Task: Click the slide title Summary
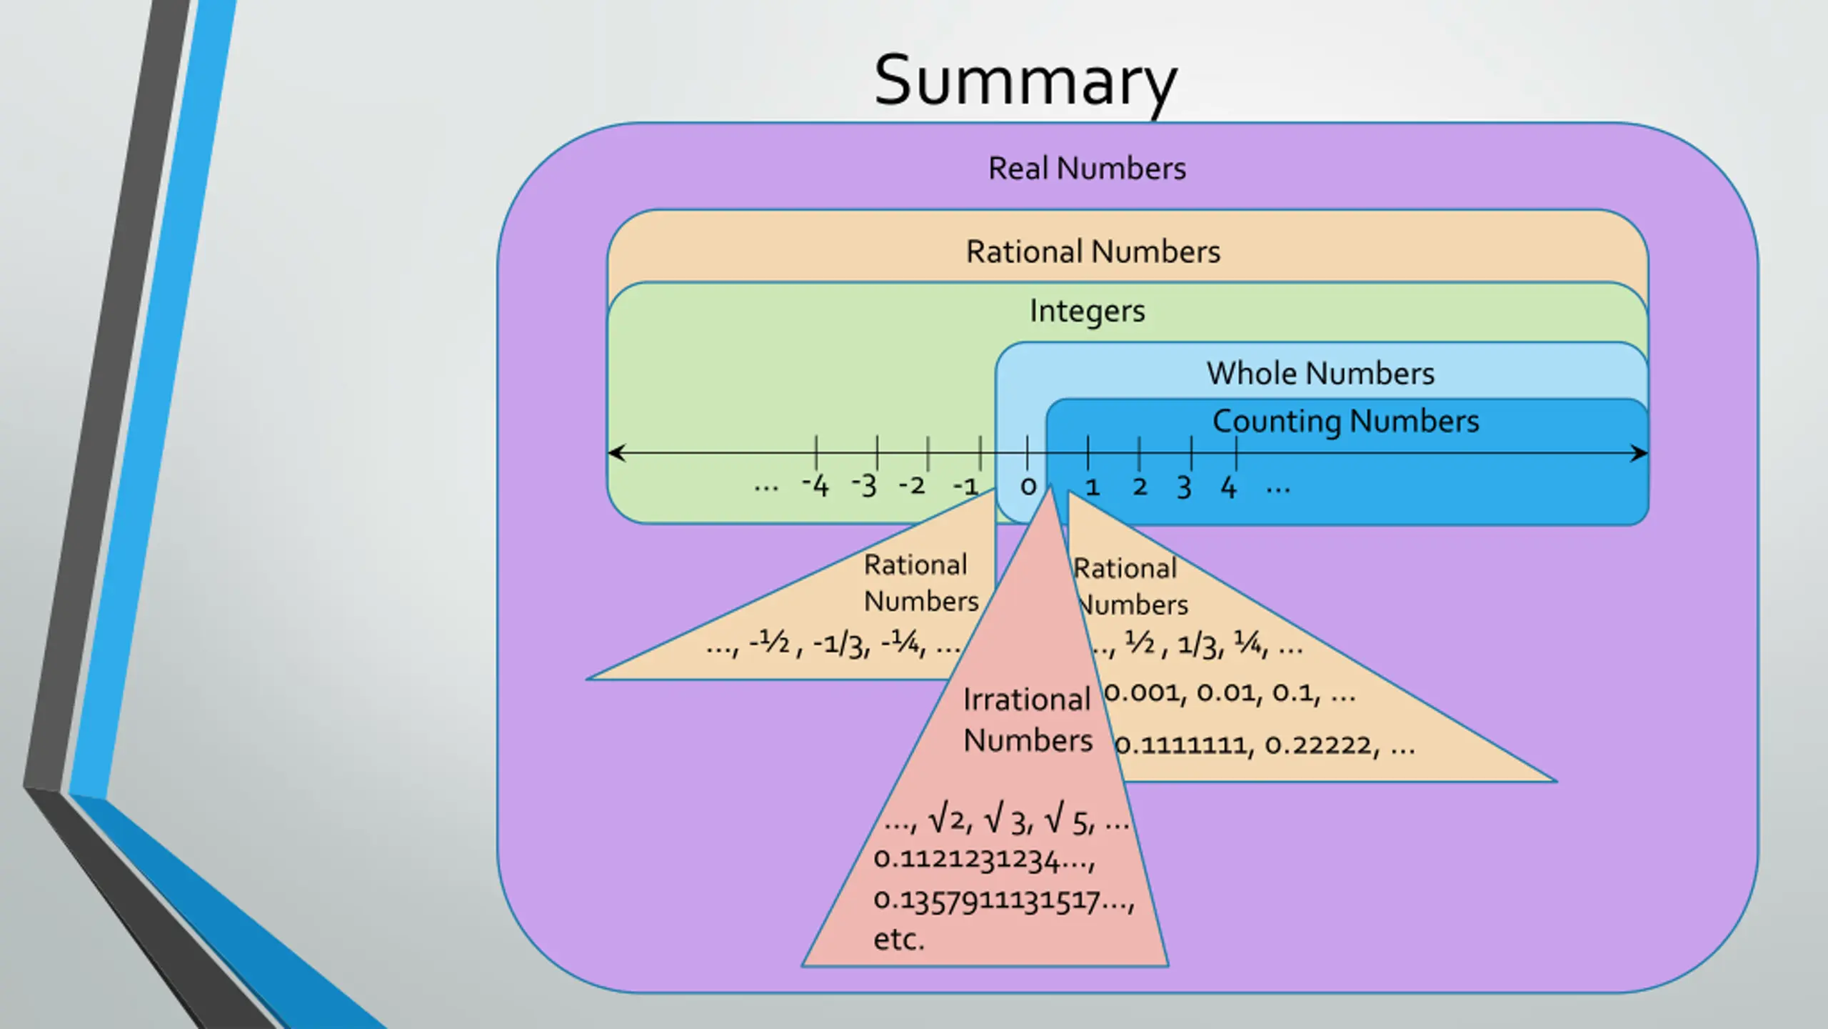coord(1025,81)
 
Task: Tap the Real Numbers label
coord(1087,169)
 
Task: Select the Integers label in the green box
coord(1087,311)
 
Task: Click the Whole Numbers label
coord(1320,373)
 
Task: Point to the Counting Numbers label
coord(1345,421)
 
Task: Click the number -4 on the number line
coord(815,486)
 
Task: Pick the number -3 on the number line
coord(864,486)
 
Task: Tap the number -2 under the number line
coord(912,486)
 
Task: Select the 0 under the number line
coord(1028,487)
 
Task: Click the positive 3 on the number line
coord(1184,487)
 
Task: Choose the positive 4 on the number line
coord(1228,487)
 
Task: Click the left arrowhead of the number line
coord(616,452)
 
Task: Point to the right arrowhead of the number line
coord(1639,453)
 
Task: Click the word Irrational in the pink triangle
coord(1026,700)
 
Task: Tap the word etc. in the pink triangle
coord(899,939)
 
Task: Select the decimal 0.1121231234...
coord(983,859)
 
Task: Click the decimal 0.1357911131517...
coord(1003,900)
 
